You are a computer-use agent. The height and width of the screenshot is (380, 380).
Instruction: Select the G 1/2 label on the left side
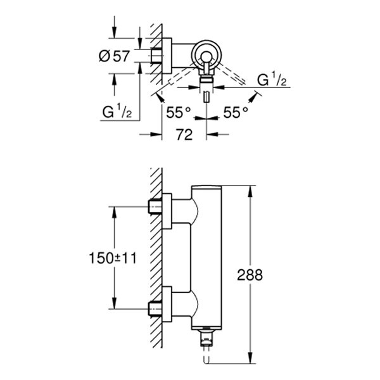pyautogui.click(x=117, y=112)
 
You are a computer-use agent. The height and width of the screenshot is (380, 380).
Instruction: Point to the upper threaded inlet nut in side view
pyautogui.click(x=155, y=206)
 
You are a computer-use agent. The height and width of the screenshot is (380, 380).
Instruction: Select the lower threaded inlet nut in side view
pyautogui.click(x=155, y=308)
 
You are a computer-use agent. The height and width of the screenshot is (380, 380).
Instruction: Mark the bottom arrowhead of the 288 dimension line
pyautogui.click(x=254, y=363)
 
